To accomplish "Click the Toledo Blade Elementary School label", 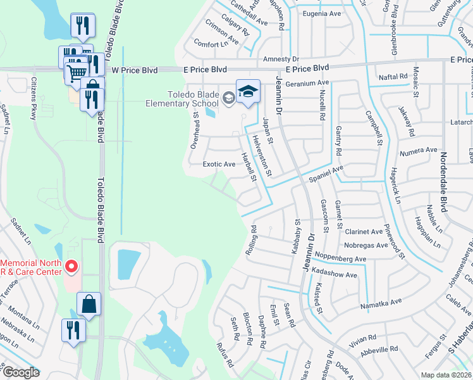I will [182, 98].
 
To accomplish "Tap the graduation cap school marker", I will [248, 91].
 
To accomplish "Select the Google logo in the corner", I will [21, 372].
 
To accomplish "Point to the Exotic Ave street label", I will [219, 164].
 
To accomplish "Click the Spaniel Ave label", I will [325, 173].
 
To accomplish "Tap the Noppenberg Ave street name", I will [344, 259].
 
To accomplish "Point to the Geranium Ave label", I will [308, 83].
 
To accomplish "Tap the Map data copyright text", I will [446, 375].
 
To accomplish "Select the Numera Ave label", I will [423, 150].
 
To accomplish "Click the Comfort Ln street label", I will [211, 44].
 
